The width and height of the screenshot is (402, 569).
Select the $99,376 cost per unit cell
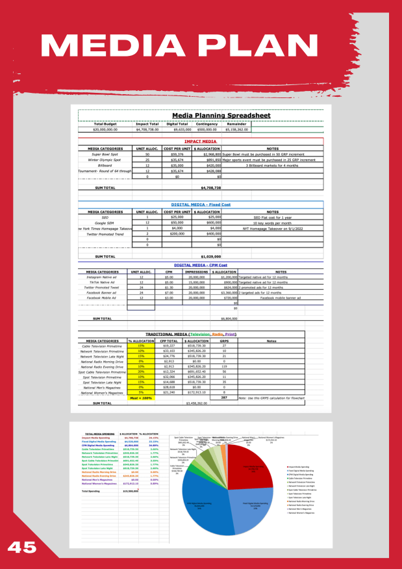click(176, 155)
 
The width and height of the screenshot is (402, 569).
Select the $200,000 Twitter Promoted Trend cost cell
click(176, 234)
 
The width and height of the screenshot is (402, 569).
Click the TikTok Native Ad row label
click(103, 283)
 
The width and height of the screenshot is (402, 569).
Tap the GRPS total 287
click(223, 397)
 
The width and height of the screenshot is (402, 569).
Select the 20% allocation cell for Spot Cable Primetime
click(141, 372)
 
